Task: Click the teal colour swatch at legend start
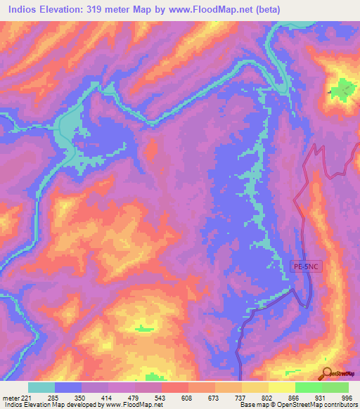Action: (41, 387)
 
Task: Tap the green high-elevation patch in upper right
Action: (344, 90)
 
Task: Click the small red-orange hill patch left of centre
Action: (150, 148)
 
